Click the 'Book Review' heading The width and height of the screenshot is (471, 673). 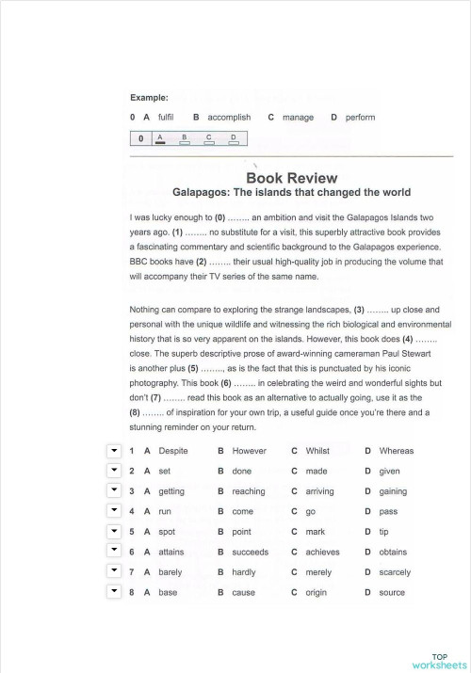291,177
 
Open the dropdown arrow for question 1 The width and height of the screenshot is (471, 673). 114,451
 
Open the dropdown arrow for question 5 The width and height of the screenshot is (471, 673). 114,532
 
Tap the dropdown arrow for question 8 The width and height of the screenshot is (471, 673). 114,592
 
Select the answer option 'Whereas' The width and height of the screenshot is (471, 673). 396,451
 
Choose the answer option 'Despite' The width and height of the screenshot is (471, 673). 173,451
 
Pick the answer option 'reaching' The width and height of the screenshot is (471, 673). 249,491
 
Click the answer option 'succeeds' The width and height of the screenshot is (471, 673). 251,553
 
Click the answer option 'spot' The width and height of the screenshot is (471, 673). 167,532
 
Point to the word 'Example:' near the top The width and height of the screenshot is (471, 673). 149,97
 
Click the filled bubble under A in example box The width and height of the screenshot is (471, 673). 160,142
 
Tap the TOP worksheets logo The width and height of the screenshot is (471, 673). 440,660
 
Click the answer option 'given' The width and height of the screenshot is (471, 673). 389,471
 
